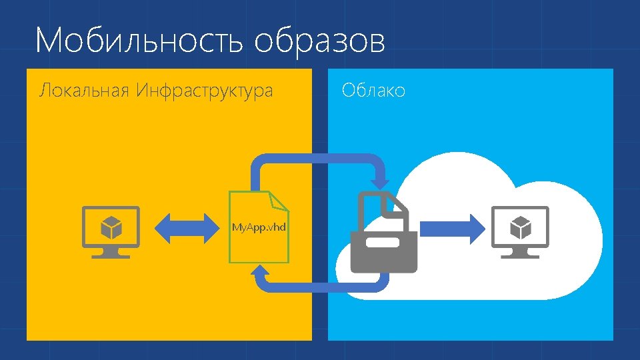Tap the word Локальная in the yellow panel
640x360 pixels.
pyautogui.click(x=85, y=91)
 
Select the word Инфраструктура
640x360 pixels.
pyautogui.click(x=204, y=91)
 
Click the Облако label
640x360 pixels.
pyautogui.click(x=373, y=91)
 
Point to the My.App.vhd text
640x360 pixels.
pyautogui.click(x=259, y=227)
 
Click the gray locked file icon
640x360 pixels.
pyautogui.click(x=385, y=233)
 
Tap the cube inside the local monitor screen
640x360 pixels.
pyautogui.click(x=111, y=228)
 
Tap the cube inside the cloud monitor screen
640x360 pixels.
pyautogui.click(x=520, y=228)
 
